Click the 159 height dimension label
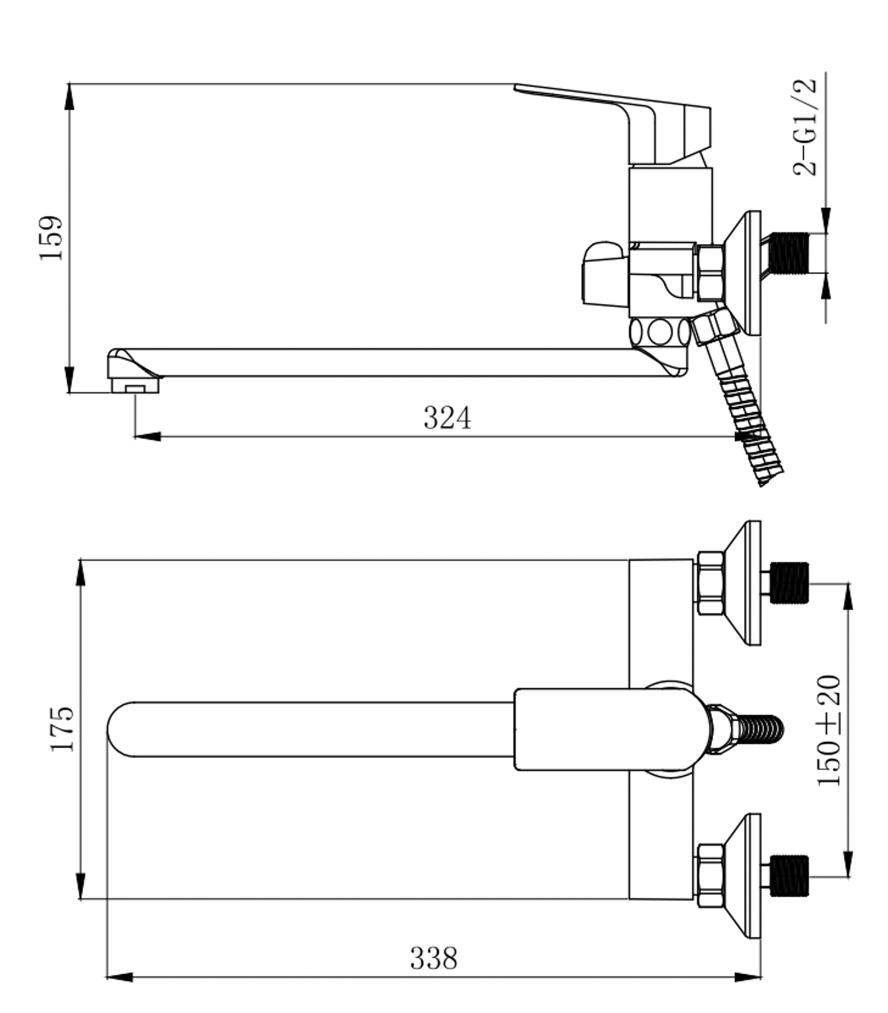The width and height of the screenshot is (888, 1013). (x=51, y=238)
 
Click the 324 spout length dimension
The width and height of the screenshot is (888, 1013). (x=447, y=418)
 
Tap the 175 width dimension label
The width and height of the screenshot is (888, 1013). (x=62, y=729)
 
